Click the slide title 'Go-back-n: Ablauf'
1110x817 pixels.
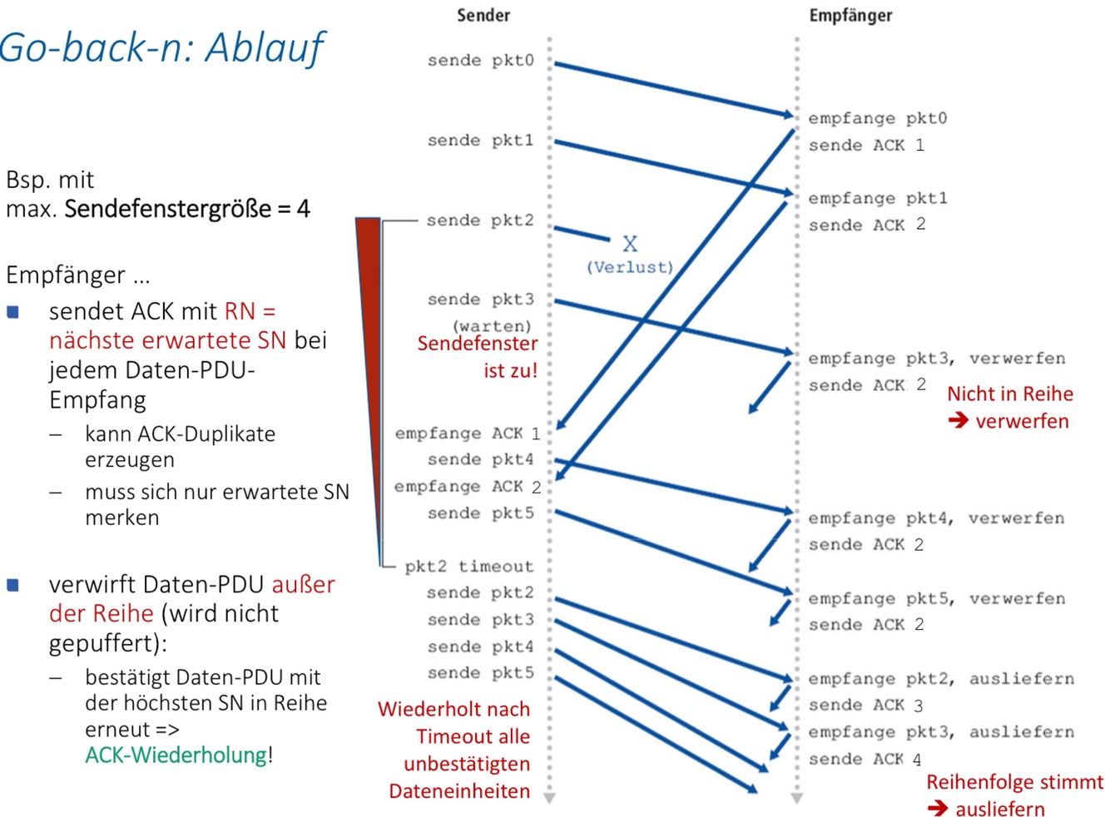click(162, 47)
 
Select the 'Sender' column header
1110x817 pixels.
click(483, 15)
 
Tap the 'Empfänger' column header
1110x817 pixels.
click(850, 15)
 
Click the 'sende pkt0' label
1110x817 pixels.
click(480, 61)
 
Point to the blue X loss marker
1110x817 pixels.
click(630, 244)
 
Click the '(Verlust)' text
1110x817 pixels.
click(630, 267)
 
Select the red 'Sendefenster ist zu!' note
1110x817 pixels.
click(478, 357)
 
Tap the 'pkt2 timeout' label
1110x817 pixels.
click(468, 567)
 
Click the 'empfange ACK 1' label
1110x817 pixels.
click(467, 433)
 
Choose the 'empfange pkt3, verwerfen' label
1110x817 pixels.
click(936, 359)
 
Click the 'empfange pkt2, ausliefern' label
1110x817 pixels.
click(940, 679)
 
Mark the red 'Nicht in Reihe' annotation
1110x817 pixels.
click(1010, 394)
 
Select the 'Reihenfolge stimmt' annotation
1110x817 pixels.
click(1014, 782)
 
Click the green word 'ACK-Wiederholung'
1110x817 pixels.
click(176, 755)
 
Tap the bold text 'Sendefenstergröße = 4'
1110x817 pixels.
click(187, 209)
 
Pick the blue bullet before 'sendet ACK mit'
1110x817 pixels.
click(13, 312)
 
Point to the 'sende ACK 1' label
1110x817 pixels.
click(866, 146)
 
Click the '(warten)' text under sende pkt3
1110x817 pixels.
click(492, 325)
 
